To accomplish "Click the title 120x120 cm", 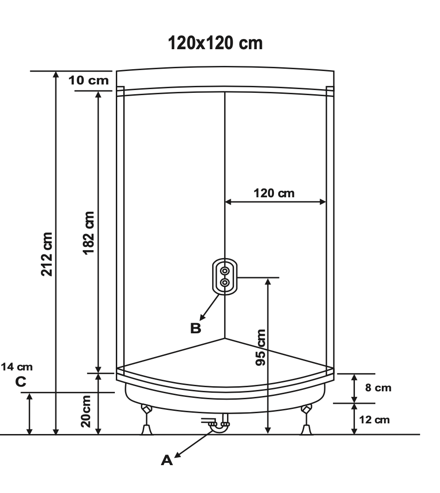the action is coord(215,43).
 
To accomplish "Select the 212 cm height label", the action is coord(47,254).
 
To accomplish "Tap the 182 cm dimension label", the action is coord(88,233).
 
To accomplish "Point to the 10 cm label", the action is coord(88,80).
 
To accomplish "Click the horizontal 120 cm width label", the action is coord(274,193).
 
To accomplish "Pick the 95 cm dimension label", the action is coord(260,347).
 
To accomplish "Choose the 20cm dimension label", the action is coord(86,411).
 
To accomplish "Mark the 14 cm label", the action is coord(17,367).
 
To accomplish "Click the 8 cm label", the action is coord(378,388).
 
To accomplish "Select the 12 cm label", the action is coord(374,420).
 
